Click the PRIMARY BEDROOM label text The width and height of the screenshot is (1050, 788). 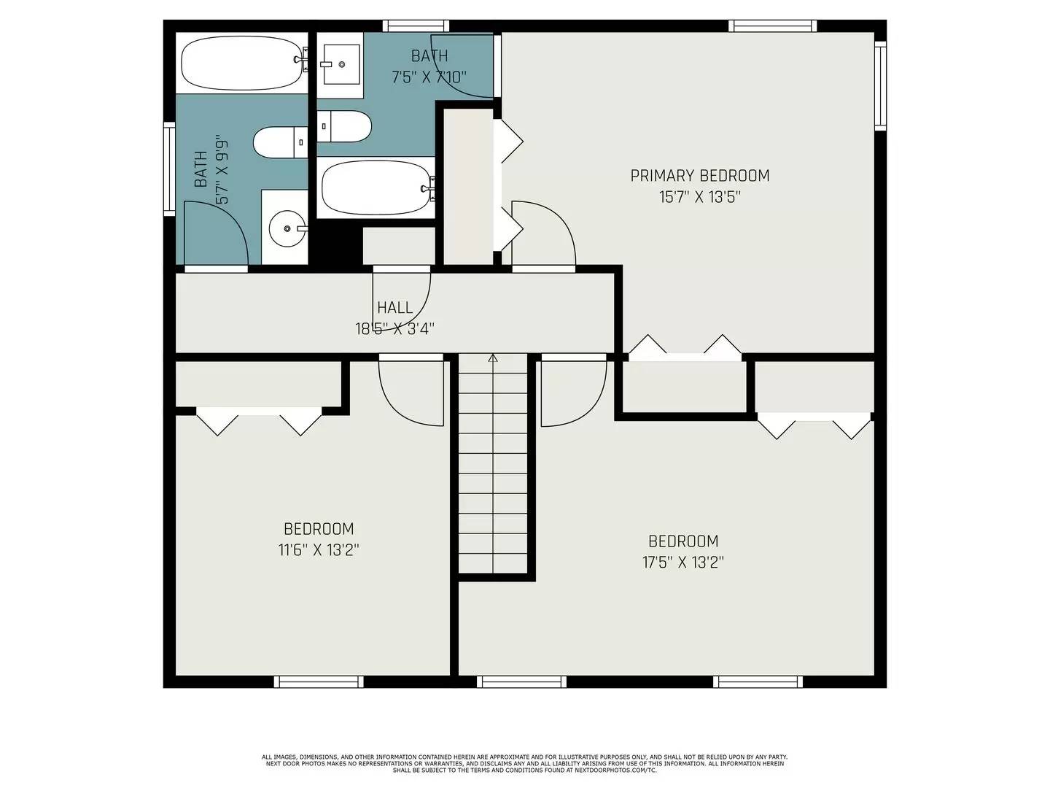point(699,175)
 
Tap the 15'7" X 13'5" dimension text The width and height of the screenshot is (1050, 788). point(699,197)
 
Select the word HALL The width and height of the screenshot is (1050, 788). point(394,308)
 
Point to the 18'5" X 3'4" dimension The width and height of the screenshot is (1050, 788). point(394,329)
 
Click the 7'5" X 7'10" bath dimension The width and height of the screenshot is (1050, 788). point(429,77)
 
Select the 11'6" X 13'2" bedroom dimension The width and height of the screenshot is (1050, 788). point(319,550)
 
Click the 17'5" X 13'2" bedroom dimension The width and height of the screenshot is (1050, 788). point(683,563)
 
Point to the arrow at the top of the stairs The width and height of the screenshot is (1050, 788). point(493,358)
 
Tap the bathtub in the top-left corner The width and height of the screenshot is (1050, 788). point(241,63)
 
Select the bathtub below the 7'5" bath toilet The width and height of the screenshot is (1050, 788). point(376,188)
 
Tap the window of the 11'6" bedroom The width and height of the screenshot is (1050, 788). point(319,681)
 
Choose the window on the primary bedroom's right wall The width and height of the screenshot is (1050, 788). point(880,85)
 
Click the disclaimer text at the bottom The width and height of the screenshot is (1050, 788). point(524,763)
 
